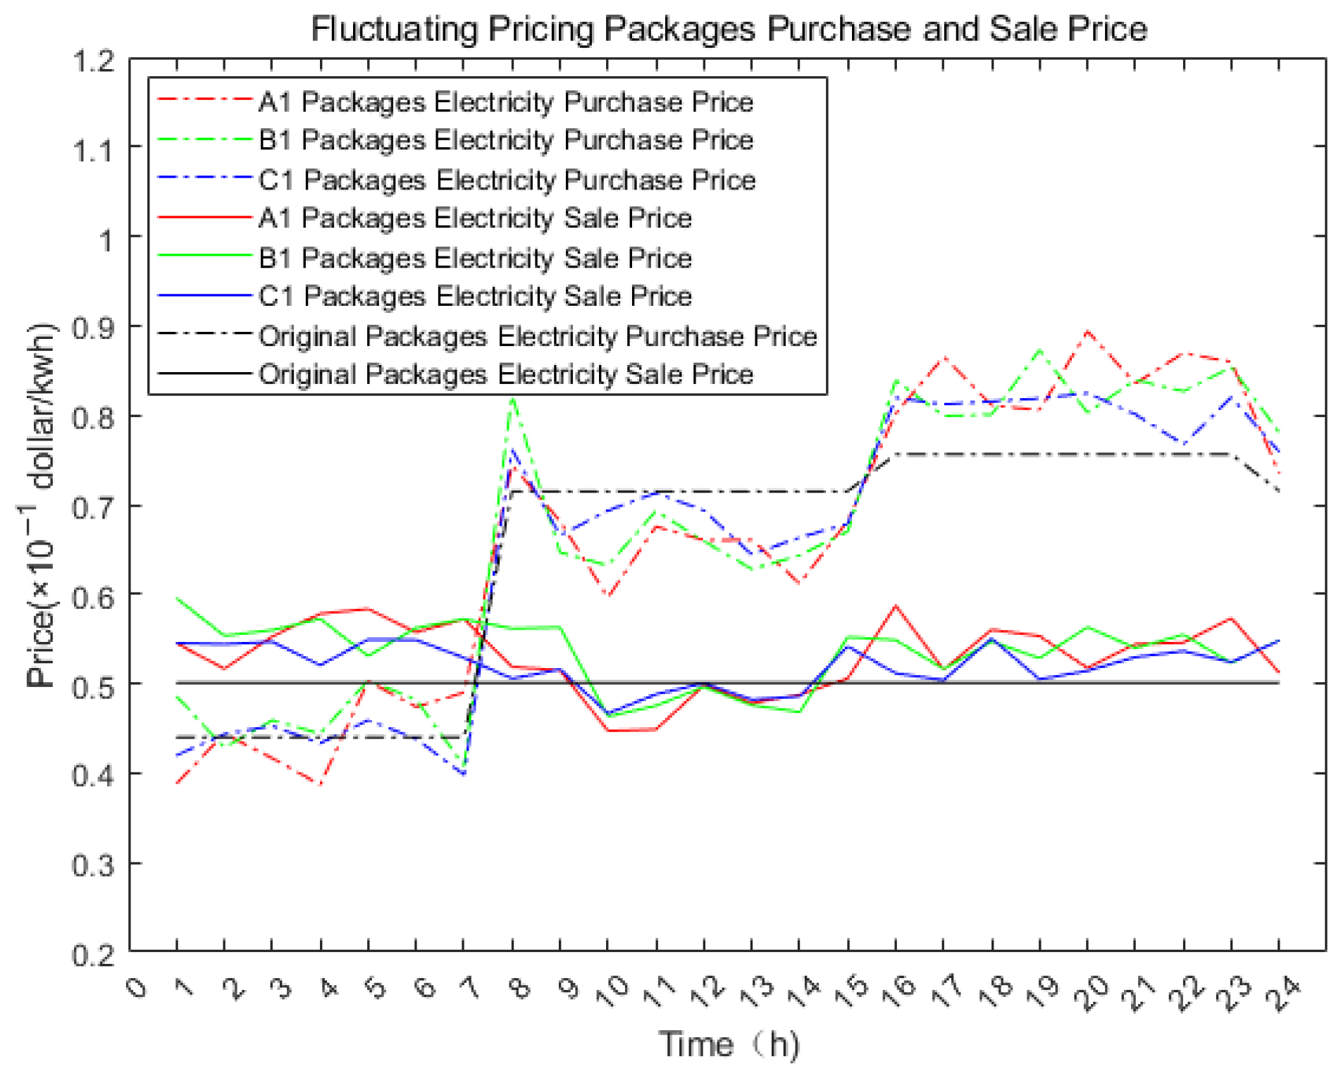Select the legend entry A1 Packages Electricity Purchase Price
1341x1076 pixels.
pyautogui.click(x=505, y=102)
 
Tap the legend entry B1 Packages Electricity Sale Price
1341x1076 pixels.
pyautogui.click(x=474, y=258)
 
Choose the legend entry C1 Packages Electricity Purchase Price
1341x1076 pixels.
pyautogui.click(x=507, y=180)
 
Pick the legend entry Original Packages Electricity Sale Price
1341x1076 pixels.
pyautogui.click(x=505, y=374)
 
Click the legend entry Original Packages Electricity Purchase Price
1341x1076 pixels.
pyautogui.click(x=537, y=336)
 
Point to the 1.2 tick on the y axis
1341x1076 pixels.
pyautogui.click(x=94, y=61)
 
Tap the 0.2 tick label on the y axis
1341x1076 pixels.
pyautogui.click(x=94, y=955)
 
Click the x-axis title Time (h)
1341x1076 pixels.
pyautogui.click(x=729, y=1044)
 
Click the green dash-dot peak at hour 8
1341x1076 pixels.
pyautogui.click(x=512, y=400)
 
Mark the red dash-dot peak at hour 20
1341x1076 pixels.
pyautogui.click(x=1087, y=330)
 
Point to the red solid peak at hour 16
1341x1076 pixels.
pyautogui.click(x=896, y=605)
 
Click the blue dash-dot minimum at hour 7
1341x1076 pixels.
pyautogui.click(x=464, y=774)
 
